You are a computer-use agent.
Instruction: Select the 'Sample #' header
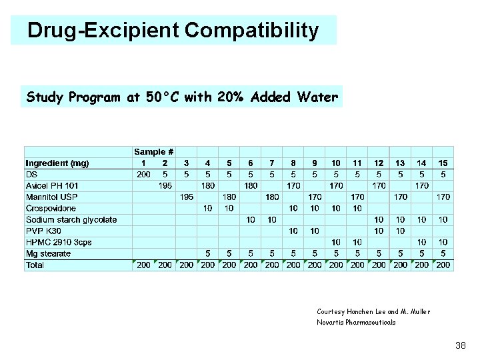(x=154, y=152)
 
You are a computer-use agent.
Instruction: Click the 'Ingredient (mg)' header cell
(x=57, y=163)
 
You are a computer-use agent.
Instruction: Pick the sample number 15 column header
(x=443, y=163)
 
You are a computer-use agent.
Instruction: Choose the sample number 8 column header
(x=293, y=163)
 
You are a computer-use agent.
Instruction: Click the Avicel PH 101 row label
(x=52, y=186)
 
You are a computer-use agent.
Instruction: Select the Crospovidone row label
(x=51, y=209)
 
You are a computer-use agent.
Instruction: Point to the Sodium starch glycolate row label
(x=71, y=220)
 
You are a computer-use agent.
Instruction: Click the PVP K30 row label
(x=44, y=231)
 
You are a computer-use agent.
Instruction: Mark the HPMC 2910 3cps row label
(x=59, y=243)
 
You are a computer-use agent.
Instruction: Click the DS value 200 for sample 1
(x=143, y=175)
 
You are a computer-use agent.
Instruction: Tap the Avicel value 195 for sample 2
(x=165, y=186)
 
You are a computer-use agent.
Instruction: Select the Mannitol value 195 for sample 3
(x=186, y=197)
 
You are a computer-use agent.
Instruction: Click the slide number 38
(x=459, y=345)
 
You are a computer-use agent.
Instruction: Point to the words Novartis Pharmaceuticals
(x=356, y=322)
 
